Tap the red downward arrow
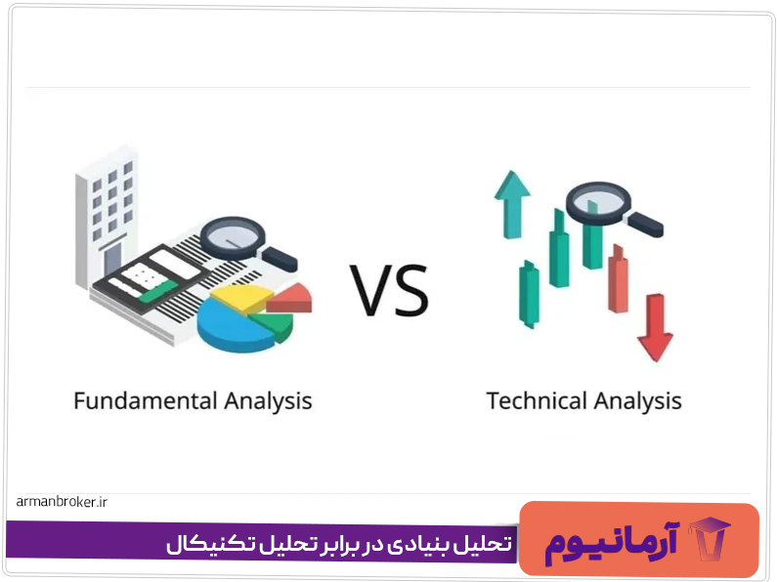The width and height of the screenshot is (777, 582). [654, 331]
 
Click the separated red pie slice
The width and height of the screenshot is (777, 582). [290, 297]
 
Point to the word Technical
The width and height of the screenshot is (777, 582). [536, 400]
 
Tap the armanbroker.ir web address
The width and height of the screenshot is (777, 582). [61, 502]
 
